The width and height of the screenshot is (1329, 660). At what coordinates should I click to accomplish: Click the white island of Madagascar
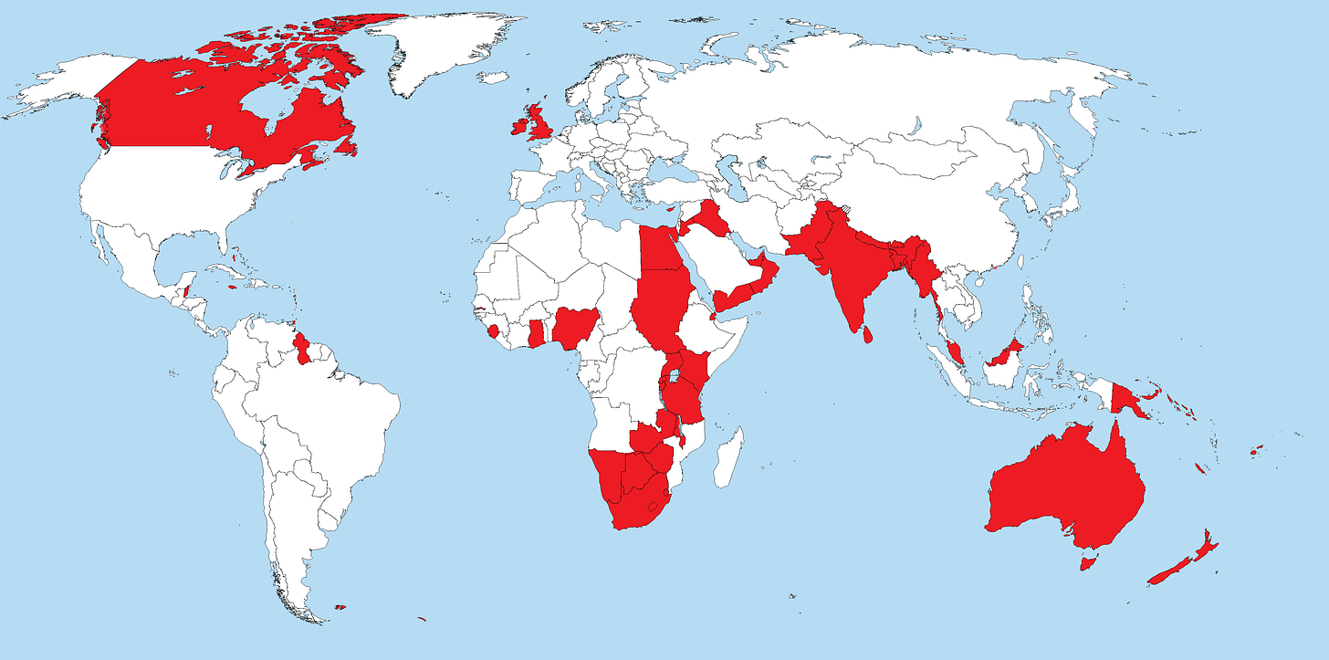(x=727, y=460)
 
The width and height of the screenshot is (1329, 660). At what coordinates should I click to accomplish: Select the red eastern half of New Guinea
(x=1133, y=399)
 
